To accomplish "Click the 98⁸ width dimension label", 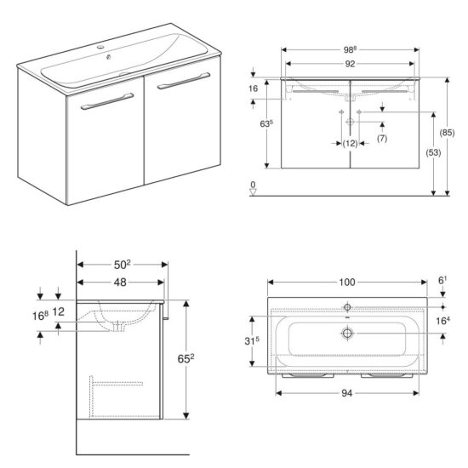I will (x=352, y=49).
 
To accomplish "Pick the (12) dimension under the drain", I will (x=351, y=143).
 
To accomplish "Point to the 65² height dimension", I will (x=195, y=359).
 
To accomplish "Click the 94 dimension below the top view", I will (x=347, y=394).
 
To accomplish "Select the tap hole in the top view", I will (x=347, y=305).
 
